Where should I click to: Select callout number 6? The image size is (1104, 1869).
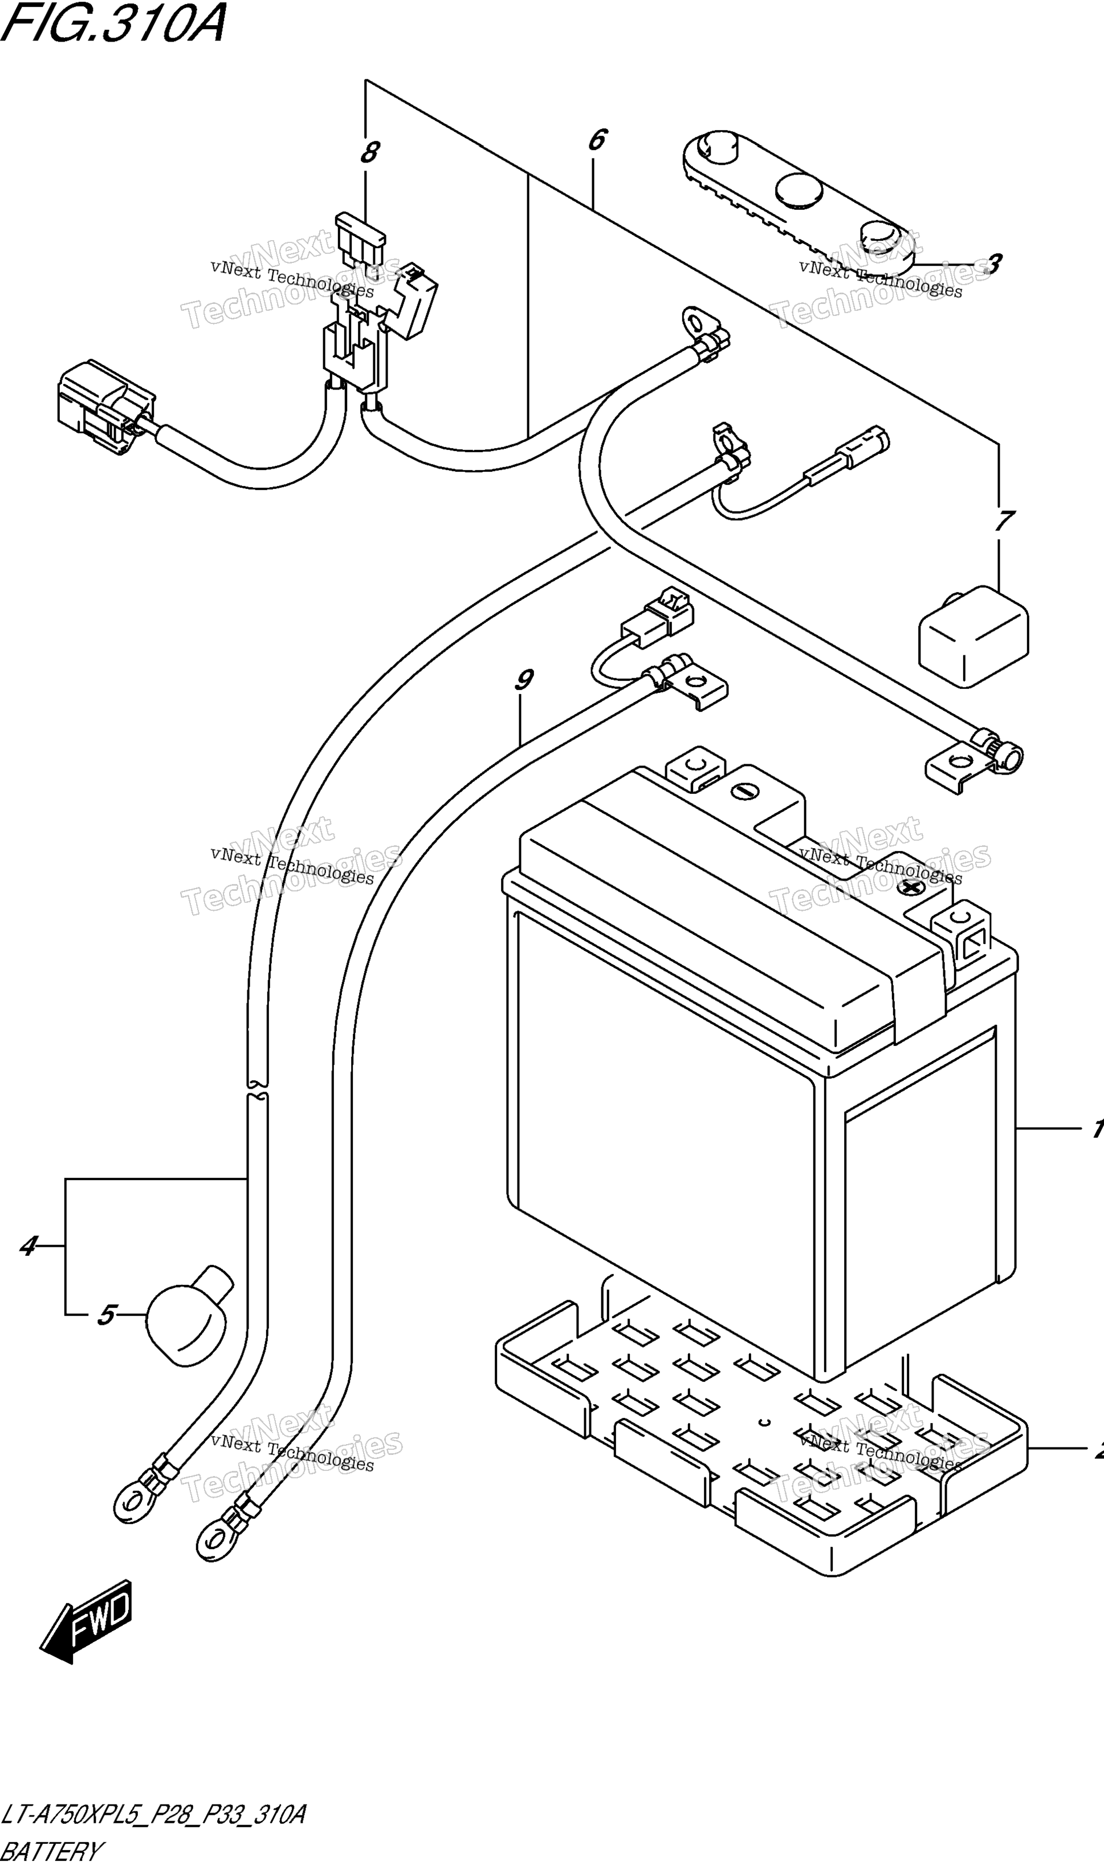[597, 139]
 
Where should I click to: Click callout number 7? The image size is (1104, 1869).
[1004, 520]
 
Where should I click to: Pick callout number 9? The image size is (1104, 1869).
[524, 680]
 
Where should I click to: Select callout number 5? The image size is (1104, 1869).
[107, 1315]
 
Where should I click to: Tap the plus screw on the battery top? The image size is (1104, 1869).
[909, 886]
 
